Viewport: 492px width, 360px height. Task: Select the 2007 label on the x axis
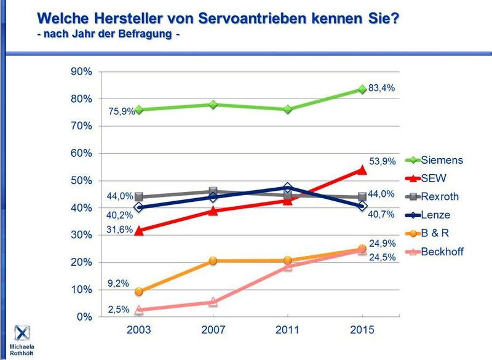[213, 330]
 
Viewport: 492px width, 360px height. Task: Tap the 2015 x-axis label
[362, 330]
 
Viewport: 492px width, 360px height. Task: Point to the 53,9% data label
[383, 162]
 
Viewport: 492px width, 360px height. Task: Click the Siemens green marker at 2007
[213, 105]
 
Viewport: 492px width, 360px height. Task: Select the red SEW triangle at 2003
[139, 231]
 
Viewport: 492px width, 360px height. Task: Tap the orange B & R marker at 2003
[139, 292]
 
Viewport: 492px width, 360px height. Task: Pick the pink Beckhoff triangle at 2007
[213, 302]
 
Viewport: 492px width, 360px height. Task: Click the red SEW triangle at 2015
[362, 169]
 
